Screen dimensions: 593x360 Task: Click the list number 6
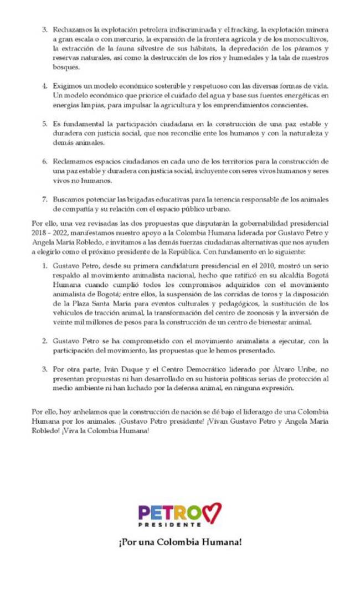(x=44, y=161)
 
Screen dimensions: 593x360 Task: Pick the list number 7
(x=44, y=198)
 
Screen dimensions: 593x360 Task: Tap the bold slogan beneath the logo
(x=180, y=541)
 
